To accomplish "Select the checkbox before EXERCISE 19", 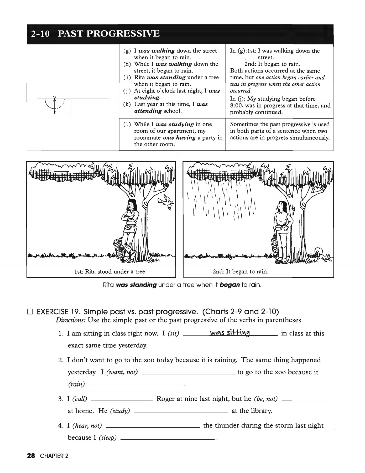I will coord(30,312).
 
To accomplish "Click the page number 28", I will coord(31,456).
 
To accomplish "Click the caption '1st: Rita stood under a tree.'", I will coord(110,271).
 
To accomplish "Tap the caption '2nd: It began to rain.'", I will coord(240,271).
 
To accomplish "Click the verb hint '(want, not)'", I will coord(122,372).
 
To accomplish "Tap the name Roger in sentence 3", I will coord(165,399).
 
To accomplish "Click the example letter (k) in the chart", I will coord(127,104).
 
